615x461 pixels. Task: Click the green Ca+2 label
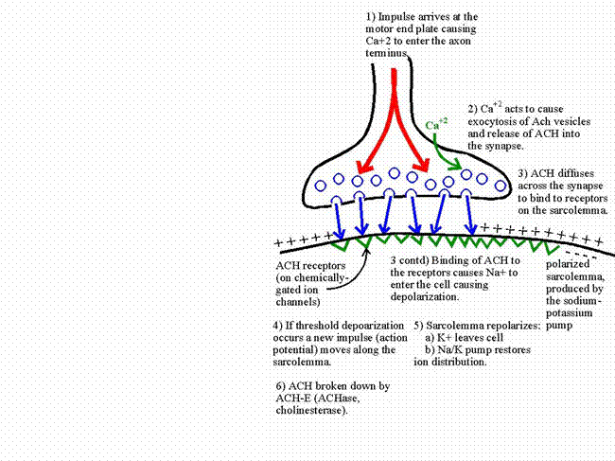click(436, 124)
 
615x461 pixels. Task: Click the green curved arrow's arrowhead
click(455, 165)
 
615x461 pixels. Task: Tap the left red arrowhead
click(364, 167)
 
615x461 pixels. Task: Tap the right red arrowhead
click(422, 165)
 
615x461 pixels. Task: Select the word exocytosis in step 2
click(494, 121)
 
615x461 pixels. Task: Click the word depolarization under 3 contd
click(424, 297)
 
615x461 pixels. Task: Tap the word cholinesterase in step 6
click(311, 411)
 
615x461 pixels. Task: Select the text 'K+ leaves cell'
click(470, 337)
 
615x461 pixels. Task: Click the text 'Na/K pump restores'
click(483, 349)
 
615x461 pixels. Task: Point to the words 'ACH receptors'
click(310, 266)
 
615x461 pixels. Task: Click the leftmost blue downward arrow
click(338, 219)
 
